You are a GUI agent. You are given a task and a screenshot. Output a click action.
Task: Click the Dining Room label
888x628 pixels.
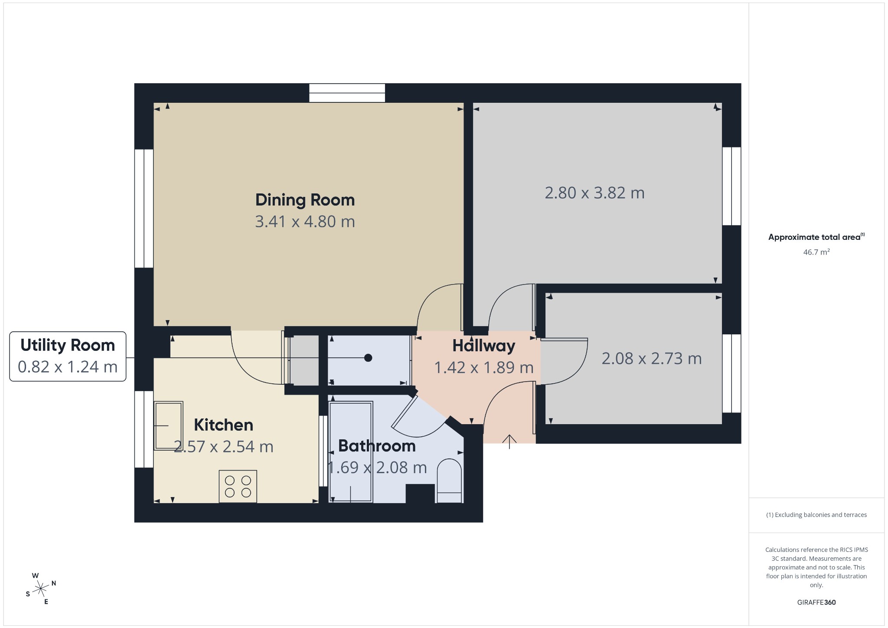point(305,200)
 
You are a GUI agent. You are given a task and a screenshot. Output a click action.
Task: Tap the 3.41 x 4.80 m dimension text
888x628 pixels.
point(305,222)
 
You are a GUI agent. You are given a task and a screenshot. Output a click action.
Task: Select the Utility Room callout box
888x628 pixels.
point(68,357)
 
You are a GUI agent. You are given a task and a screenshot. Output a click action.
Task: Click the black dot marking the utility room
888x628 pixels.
point(368,358)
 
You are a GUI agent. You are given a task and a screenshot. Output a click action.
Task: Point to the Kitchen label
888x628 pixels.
point(223,425)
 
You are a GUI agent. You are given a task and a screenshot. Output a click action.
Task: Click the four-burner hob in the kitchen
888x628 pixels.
point(238,487)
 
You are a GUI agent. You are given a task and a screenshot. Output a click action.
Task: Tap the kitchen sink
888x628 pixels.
point(169,425)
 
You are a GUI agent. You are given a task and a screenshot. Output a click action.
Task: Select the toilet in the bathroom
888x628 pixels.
point(449,481)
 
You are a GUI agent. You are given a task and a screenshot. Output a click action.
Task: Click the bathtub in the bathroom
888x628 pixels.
point(351,452)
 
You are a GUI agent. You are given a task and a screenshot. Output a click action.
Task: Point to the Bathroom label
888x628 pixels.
point(377,446)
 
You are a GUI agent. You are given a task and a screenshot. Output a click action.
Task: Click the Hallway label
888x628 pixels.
point(484,346)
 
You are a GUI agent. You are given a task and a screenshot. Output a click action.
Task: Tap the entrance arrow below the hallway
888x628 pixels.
point(509,442)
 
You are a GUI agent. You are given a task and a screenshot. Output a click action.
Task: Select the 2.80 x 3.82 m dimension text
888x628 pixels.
point(594,193)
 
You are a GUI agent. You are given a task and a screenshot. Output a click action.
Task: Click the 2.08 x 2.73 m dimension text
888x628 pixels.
point(652,359)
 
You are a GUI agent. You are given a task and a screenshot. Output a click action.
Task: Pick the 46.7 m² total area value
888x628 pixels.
point(816,252)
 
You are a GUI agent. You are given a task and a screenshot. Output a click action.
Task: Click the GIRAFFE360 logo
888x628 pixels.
point(816,602)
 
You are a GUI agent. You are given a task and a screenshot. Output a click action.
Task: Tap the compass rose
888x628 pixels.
point(41,589)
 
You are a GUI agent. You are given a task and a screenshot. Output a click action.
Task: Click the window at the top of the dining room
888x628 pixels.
point(347,93)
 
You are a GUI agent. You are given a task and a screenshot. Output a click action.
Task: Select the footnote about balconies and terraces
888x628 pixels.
point(816,515)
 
